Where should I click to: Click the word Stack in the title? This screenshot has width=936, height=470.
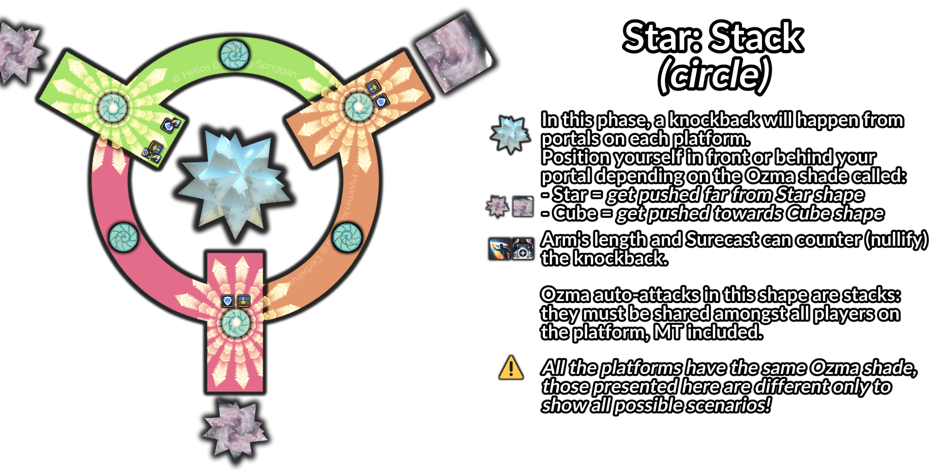point(756,37)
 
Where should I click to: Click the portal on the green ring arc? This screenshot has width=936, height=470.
point(235,55)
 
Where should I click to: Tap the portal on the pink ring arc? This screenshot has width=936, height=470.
point(124,238)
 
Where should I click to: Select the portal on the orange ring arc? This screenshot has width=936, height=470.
point(347,238)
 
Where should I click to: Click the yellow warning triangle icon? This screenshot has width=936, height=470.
point(511,368)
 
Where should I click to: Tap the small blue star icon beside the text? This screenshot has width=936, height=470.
point(510,134)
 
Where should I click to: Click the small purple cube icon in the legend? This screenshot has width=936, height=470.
point(522,207)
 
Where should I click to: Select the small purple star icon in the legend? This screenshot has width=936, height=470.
point(497,207)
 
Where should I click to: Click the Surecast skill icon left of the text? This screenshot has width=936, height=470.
point(523,249)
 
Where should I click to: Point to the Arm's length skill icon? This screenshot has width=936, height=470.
point(499,249)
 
